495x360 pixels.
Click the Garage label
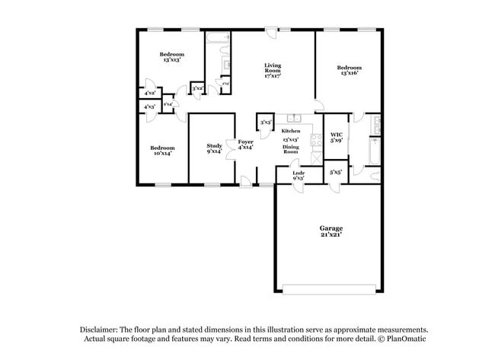point(331,228)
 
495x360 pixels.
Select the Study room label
point(213,145)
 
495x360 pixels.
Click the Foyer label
point(245,142)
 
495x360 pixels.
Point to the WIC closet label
point(336,135)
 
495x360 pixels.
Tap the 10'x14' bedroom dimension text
point(162,153)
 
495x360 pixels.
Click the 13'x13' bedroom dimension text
point(171,59)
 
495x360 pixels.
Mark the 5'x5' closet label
point(336,172)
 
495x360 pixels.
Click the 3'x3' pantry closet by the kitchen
point(267,123)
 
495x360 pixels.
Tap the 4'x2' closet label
point(150,94)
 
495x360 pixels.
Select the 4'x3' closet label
point(150,107)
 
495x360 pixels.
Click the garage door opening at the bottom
point(330,288)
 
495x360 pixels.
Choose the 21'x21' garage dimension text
point(331,235)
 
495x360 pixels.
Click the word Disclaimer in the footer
point(104,330)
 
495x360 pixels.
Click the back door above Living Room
point(271,31)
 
